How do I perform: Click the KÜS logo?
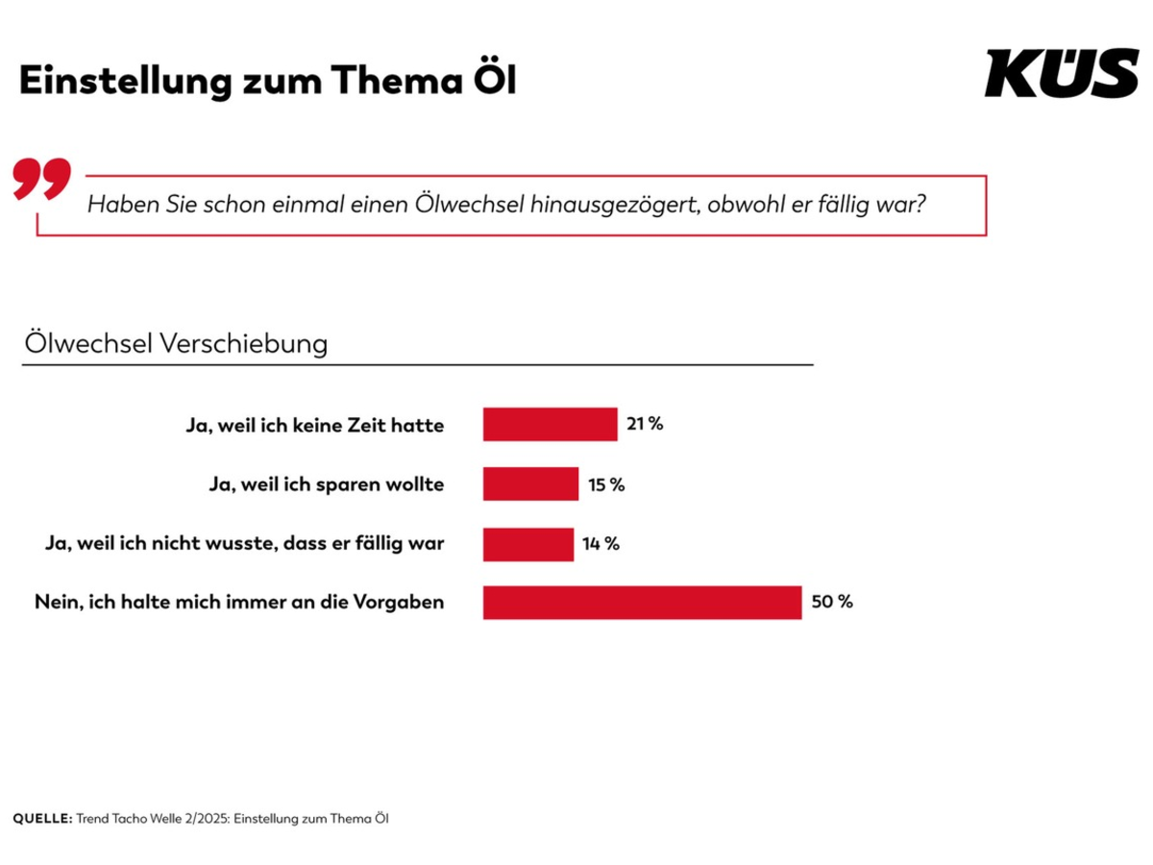(1061, 74)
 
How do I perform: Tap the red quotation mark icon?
(42, 180)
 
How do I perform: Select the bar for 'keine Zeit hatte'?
(550, 424)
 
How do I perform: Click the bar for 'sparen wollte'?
(530, 483)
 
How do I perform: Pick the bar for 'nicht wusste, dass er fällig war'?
(527, 544)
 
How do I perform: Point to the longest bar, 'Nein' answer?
(642, 603)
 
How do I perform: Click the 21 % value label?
(645, 423)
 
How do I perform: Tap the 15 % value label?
(606, 484)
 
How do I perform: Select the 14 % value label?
(601, 544)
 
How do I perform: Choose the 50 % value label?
(832, 603)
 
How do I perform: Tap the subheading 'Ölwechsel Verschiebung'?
(175, 344)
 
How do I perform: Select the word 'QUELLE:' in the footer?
(42, 819)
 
